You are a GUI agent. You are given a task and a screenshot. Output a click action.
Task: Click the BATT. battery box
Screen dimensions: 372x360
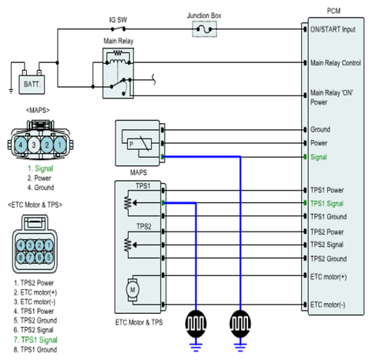(32, 85)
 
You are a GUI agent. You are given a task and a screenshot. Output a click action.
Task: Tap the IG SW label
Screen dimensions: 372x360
(118, 20)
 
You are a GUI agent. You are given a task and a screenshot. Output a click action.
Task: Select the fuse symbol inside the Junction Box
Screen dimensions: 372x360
(204, 29)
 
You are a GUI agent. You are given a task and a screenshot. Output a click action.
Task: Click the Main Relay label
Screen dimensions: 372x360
(119, 41)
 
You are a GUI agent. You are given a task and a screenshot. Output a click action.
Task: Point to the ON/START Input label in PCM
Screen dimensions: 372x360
(333, 29)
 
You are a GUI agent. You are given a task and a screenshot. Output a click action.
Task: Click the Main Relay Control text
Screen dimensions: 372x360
(336, 63)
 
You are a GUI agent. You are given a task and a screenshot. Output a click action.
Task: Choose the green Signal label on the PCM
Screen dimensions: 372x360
(319, 157)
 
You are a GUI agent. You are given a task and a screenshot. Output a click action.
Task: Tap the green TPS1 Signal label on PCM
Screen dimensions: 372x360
(327, 204)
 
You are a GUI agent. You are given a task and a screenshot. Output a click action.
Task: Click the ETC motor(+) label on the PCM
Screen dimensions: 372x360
(328, 277)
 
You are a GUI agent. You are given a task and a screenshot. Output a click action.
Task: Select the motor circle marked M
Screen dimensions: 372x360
(132, 290)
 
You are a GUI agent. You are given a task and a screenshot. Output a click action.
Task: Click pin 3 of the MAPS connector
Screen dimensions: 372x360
(34, 145)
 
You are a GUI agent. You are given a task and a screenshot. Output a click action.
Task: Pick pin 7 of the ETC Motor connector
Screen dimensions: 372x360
(30, 257)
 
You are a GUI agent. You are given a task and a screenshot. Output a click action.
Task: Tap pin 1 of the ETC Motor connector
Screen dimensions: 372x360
(49, 245)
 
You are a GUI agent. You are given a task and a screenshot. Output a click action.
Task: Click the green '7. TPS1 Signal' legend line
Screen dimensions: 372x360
(35, 340)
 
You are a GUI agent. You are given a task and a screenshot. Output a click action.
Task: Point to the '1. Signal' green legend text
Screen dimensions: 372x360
(40, 168)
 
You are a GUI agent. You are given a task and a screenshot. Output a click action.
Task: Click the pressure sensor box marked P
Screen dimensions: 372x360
(139, 145)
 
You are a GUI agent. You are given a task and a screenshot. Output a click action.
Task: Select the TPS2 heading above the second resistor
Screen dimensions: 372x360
(144, 227)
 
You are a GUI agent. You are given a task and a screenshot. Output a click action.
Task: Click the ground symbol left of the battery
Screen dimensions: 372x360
(11, 91)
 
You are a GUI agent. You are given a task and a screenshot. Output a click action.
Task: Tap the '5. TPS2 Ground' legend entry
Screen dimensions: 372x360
(35, 321)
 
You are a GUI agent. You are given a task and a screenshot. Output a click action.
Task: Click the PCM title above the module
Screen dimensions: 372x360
(333, 11)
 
